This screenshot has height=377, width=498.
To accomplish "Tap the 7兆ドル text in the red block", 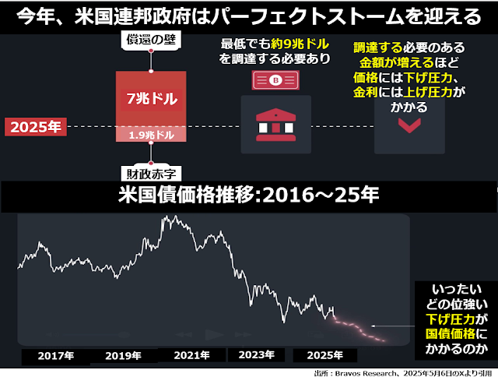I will [151, 99].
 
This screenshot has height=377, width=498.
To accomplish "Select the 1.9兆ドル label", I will [151, 135].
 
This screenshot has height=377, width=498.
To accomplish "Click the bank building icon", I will [276, 125].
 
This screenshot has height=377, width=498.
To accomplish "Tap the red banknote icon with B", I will [276, 80].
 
